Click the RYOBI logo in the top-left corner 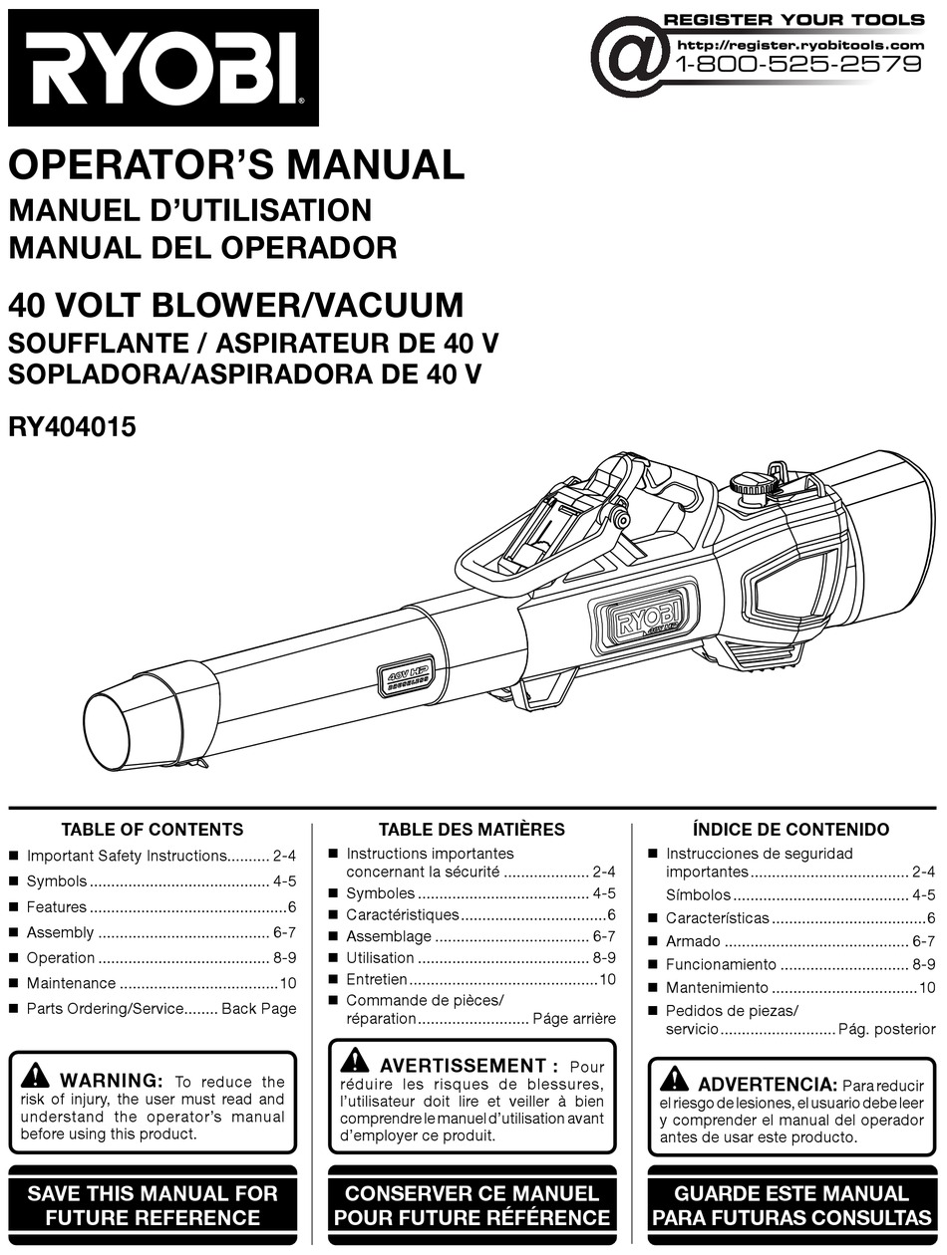point(163,68)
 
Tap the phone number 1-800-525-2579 point(798,65)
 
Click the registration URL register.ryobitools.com point(799,45)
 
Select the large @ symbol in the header point(629,57)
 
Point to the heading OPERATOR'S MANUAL point(236,164)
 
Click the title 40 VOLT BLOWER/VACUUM point(236,303)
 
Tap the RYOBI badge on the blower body point(647,623)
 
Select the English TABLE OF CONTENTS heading point(152,829)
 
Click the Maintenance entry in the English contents point(71,983)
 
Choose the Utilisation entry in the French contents point(380,957)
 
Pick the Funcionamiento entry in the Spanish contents point(720,964)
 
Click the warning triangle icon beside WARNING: point(35,1076)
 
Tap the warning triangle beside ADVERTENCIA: point(674,1079)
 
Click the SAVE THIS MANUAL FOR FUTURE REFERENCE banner point(153,1205)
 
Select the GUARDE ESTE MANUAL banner point(791,1205)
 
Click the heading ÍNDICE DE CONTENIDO point(790,829)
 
